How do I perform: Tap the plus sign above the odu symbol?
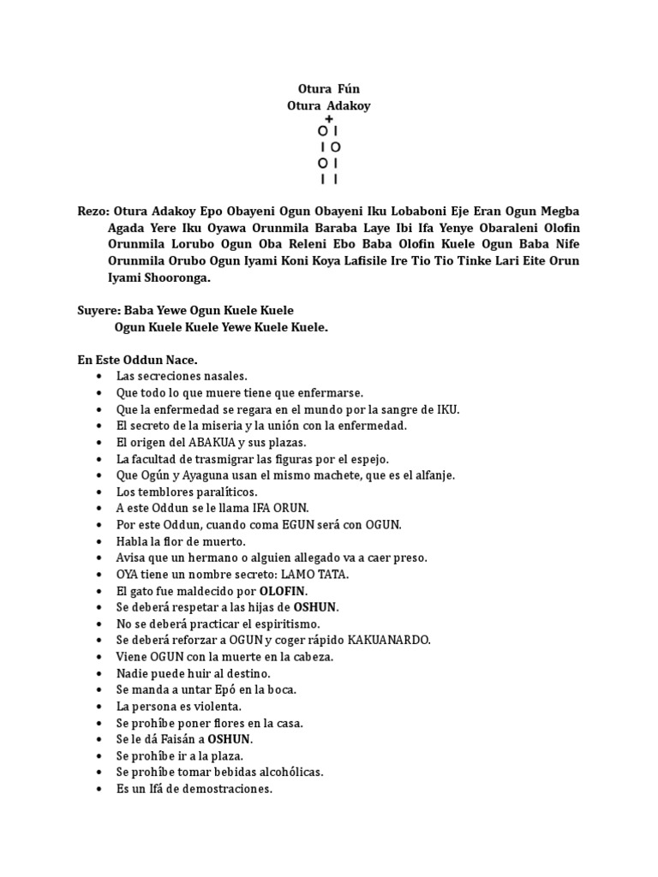tap(329, 118)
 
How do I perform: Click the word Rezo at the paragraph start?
tap(92, 211)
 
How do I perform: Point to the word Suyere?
tap(99, 310)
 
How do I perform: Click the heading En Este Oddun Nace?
tap(137, 360)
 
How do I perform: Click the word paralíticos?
tap(218, 492)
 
